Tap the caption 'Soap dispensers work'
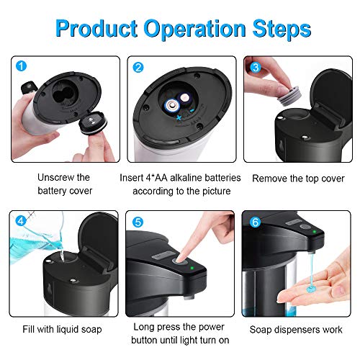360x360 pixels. (x=297, y=329)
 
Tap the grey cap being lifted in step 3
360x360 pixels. (x=278, y=75)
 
